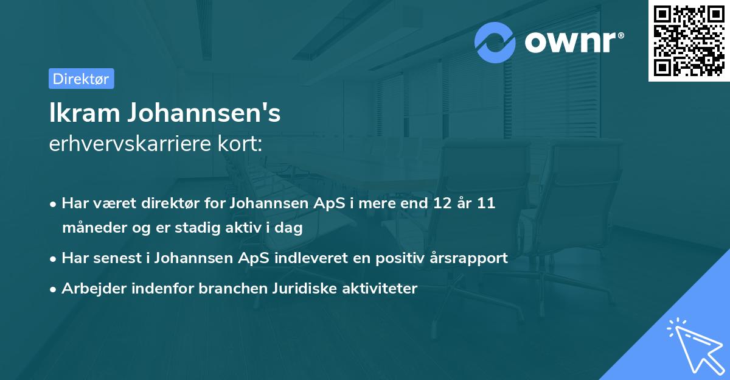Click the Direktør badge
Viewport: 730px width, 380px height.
(81, 79)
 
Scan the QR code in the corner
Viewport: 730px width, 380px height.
(689, 40)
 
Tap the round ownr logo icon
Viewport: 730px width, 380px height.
(496, 42)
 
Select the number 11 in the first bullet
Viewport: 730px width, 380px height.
(485, 203)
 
